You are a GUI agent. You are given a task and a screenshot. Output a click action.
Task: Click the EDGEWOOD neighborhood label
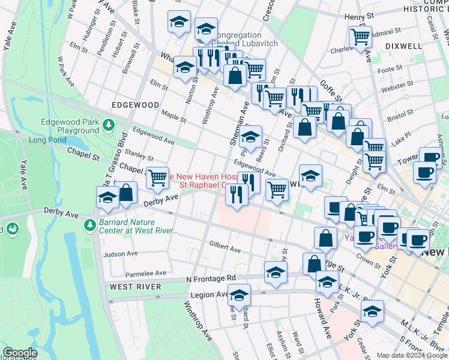click(x=136, y=104)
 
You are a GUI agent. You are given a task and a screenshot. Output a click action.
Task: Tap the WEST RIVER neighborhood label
click(x=136, y=287)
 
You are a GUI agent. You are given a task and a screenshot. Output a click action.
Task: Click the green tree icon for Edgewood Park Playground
click(x=109, y=125)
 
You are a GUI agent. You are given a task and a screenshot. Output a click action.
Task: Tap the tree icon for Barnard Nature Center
click(x=89, y=224)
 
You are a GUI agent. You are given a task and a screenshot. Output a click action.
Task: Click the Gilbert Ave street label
click(x=225, y=247)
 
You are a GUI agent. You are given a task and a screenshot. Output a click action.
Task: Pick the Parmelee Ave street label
click(x=146, y=273)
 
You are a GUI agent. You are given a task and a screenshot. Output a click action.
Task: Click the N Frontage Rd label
click(x=211, y=278)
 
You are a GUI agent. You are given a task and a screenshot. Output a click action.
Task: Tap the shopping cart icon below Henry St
click(x=360, y=37)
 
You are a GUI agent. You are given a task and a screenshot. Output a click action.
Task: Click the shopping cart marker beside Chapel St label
click(x=157, y=177)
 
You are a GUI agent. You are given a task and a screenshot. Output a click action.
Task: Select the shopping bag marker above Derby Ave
click(x=126, y=193)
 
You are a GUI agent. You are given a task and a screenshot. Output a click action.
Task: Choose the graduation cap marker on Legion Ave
click(x=239, y=295)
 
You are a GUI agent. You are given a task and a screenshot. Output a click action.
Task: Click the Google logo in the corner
click(x=19, y=353)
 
